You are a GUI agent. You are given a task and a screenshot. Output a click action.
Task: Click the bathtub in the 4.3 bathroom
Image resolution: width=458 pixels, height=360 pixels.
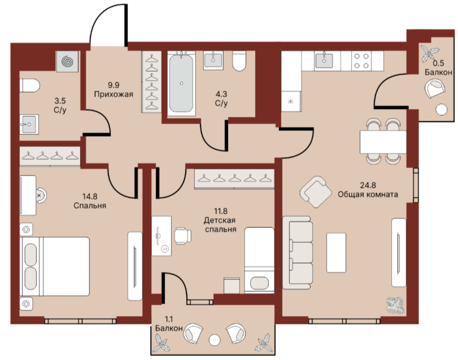[x=181, y=84]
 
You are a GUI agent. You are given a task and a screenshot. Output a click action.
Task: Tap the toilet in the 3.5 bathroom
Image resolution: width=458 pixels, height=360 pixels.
[x=29, y=85]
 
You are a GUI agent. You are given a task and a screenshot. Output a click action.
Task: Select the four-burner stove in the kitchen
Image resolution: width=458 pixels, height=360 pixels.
[x=361, y=61]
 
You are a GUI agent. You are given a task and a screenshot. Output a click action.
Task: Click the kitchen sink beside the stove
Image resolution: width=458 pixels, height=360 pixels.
[x=324, y=61]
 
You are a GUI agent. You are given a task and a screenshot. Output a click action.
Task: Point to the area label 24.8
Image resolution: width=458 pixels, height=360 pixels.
[x=368, y=185]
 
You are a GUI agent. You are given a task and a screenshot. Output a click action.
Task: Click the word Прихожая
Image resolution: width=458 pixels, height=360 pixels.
[x=114, y=94]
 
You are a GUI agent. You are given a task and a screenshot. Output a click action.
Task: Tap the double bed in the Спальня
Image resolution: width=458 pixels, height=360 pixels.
[x=55, y=267]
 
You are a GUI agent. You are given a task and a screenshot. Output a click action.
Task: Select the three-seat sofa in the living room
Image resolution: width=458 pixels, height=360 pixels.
[x=298, y=253]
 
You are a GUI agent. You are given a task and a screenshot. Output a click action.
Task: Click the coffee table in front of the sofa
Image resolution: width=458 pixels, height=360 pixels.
[x=336, y=253]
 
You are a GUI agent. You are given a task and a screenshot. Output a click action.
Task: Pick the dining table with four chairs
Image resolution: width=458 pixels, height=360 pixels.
[x=383, y=142]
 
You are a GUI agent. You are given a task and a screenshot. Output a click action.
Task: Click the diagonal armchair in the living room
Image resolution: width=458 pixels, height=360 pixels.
[x=316, y=192]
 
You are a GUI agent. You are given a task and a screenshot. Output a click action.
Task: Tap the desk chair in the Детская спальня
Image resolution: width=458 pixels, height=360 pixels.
[x=183, y=236]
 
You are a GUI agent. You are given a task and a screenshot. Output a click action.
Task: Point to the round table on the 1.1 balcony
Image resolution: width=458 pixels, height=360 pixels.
[x=215, y=340]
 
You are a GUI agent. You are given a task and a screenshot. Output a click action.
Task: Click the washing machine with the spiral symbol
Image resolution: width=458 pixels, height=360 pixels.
[x=67, y=62]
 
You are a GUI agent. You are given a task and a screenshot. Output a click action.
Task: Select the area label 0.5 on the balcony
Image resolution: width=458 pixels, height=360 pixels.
[x=438, y=63]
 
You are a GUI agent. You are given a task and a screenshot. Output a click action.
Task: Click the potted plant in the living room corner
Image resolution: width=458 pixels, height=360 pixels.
[x=395, y=306]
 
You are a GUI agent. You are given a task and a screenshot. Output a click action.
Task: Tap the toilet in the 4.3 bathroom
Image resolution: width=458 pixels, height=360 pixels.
[x=239, y=61]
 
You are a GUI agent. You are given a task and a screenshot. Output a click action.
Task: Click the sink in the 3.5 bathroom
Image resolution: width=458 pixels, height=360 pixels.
[x=29, y=125]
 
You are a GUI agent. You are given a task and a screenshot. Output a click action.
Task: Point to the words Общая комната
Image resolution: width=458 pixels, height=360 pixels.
[x=368, y=194]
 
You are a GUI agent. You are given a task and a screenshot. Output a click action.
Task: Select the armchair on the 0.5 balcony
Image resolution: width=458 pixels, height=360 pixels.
[x=435, y=89]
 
